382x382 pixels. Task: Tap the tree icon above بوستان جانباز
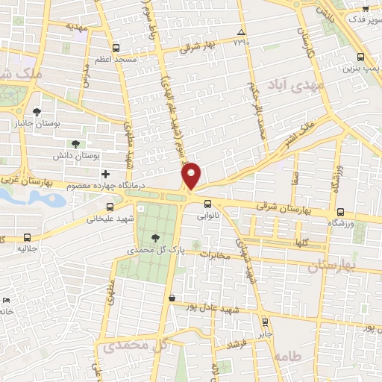point(37,111)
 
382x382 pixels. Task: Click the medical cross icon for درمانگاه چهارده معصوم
point(105,174)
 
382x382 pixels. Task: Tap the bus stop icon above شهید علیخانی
point(110,207)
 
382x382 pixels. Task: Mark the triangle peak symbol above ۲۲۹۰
point(240,32)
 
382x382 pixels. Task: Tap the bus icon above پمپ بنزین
point(361,57)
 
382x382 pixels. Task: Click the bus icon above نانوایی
point(207,203)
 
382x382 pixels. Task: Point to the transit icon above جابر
point(266,322)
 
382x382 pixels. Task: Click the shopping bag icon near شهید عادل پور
point(172,298)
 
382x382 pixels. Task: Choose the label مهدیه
point(78,25)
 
